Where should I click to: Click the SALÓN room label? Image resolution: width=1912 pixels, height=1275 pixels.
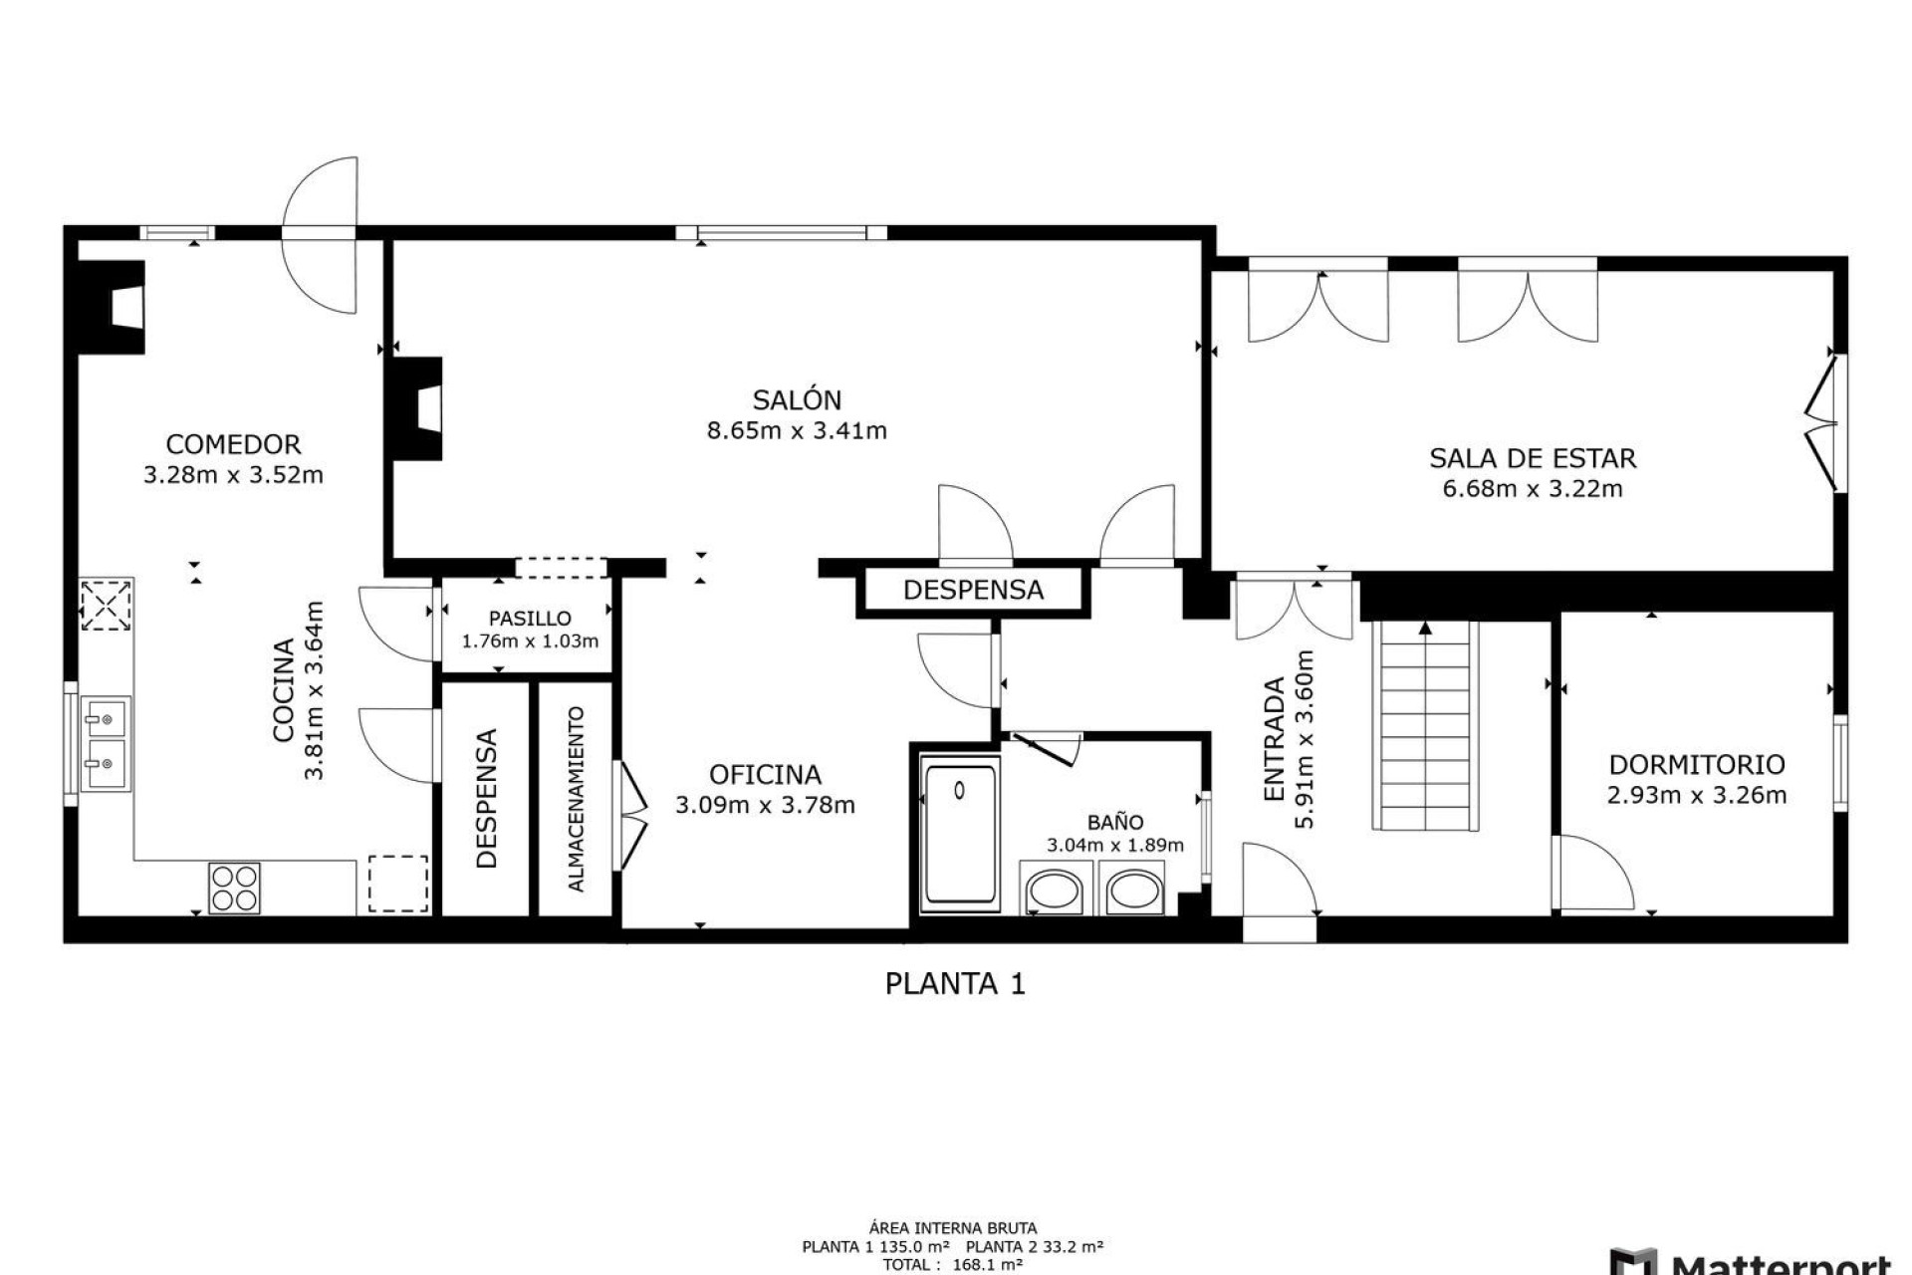point(797,400)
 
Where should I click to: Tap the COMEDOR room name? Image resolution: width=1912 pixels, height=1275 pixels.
point(233,444)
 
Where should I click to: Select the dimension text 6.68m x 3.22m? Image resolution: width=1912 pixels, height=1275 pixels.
point(1532,489)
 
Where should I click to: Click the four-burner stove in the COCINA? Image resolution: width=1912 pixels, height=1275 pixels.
point(234,888)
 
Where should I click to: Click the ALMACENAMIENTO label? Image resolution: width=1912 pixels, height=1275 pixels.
point(576,798)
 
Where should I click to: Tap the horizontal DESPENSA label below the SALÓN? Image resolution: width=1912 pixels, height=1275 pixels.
point(973,590)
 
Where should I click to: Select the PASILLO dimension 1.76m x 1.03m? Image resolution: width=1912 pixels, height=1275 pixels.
point(530,641)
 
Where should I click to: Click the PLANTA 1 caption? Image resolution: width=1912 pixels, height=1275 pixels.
point(955,984)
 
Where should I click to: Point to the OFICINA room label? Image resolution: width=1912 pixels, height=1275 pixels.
point(765,775)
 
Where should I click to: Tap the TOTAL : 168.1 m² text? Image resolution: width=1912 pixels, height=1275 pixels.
point(953,1265)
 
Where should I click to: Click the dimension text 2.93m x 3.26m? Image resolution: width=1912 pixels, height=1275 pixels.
point(1696,796)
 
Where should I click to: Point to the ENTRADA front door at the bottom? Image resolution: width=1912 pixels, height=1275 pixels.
point(1279,928)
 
